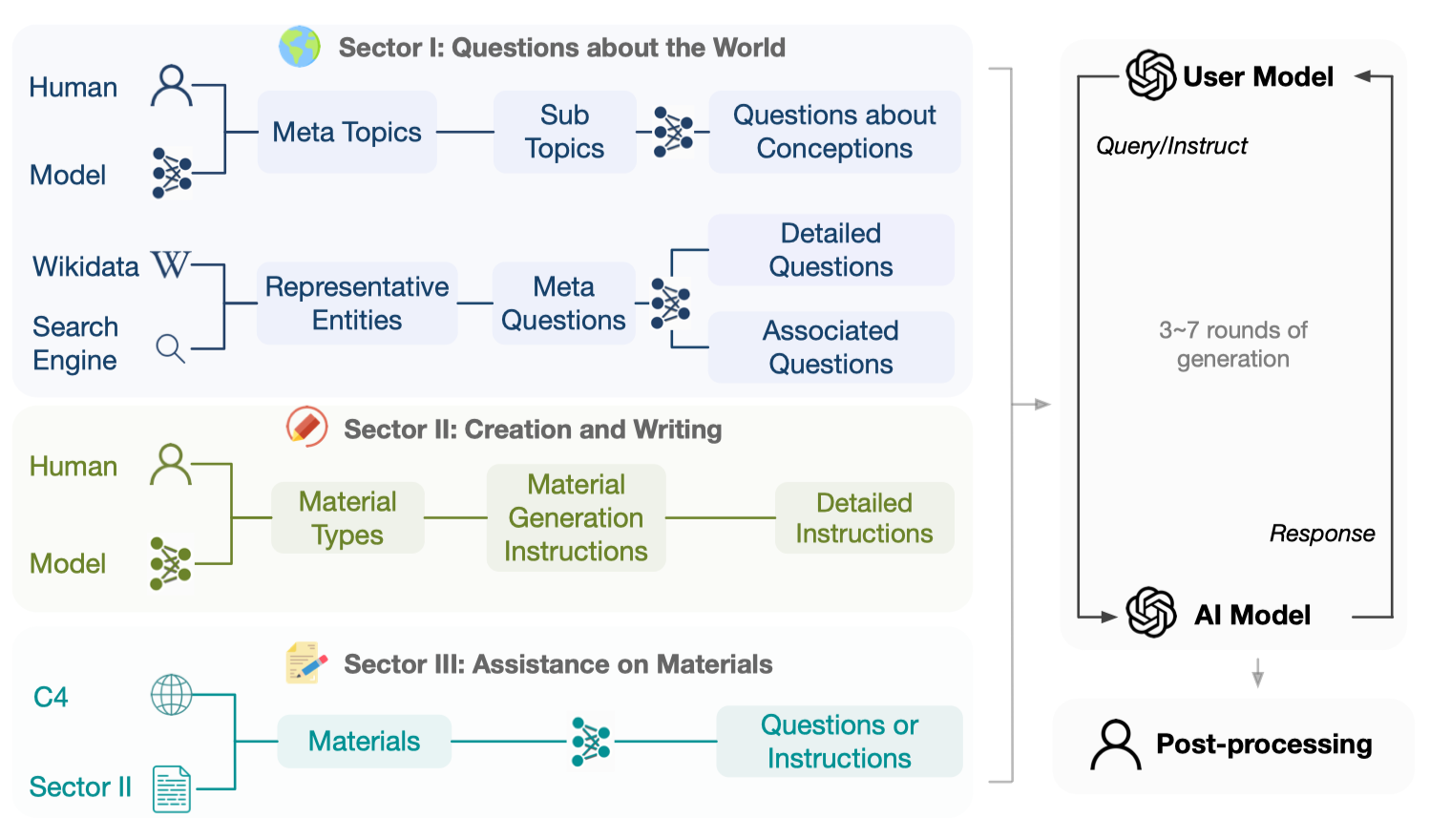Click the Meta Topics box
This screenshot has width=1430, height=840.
coord(347,132)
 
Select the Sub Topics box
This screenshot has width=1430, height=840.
coord(564,132)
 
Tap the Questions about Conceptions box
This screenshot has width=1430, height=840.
coord(834,132)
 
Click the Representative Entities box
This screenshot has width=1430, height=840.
coord(357,304)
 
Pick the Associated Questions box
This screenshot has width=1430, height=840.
coord(831,347)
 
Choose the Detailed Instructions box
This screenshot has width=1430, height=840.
coord(864,518)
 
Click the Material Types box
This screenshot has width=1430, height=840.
coord(347,518)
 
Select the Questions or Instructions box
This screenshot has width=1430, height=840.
coord(839,742)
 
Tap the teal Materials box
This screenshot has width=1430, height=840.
coord(364,742)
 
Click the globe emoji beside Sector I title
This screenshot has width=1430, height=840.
coord(299,47)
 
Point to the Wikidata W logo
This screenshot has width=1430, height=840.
coord(171,264)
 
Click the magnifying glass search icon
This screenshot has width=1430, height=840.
coord(170,348)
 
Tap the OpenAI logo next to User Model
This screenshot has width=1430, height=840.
coord(1150,75)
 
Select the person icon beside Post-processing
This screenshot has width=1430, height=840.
coord(1115,745)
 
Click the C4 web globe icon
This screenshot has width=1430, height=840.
coord(172,695)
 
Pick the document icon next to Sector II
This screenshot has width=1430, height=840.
coord(172,789)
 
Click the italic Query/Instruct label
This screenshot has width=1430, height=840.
coord(1171,146)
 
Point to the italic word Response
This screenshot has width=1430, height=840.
coord(1322,534)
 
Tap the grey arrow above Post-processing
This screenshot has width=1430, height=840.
coord(1258,673)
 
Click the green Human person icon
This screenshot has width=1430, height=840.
coord(171,465)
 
